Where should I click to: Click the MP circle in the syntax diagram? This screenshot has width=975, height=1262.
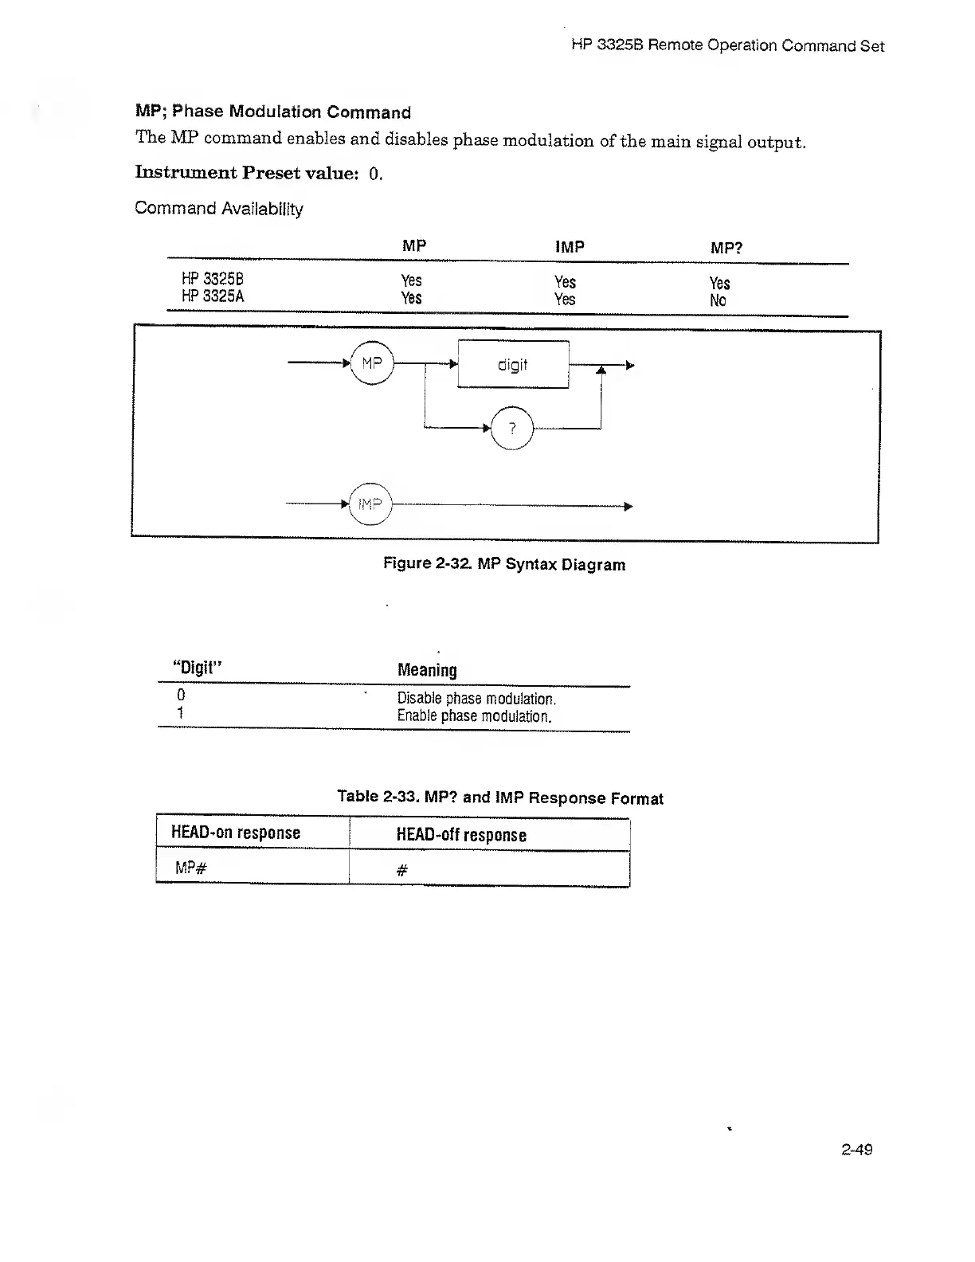pyautogui.click(x=372, y=363)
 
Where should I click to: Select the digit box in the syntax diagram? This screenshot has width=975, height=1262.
pyautogui.click(x=513, y=364)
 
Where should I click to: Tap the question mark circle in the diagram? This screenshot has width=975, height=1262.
pyautogui.click(x=512, y=428)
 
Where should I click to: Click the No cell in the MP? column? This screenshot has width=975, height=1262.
pyautogui.click(x=718, y=300)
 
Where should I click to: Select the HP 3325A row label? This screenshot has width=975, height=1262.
pyautogui.click(x=213, y=296)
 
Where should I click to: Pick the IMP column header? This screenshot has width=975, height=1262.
pyautogui.click(x=570, y=247)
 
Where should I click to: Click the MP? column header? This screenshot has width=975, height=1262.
pyautogui.click(x=726, y=248)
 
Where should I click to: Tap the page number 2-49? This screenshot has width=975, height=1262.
pyautogui.click(x=856, y=1149)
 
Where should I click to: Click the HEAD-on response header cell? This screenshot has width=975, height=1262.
pyautogui.click(x=236, y=833)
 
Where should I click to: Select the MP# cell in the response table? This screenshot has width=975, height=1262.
pyautogui.click(x=191, y=868)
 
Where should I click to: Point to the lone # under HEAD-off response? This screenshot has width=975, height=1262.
pyautogui.click(x=401, y=871)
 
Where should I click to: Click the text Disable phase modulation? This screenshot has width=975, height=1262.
pyautogui.click(x=476, y=699)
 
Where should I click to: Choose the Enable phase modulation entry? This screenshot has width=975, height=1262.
pyautogui.click(x=474, y=715)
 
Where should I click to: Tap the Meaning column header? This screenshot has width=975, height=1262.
pyautogui.click(x=427, y=670)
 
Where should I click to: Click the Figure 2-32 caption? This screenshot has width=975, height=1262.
pyautogui.click(x=504, y=564)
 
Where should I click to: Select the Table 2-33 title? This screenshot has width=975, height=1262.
pyautogui.click(x=499, y=798)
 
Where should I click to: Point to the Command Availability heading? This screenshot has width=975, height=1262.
pyautogui.click(x=219, y=209)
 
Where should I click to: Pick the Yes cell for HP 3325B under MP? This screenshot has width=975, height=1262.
pyautogui.click(x=719, y=283)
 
